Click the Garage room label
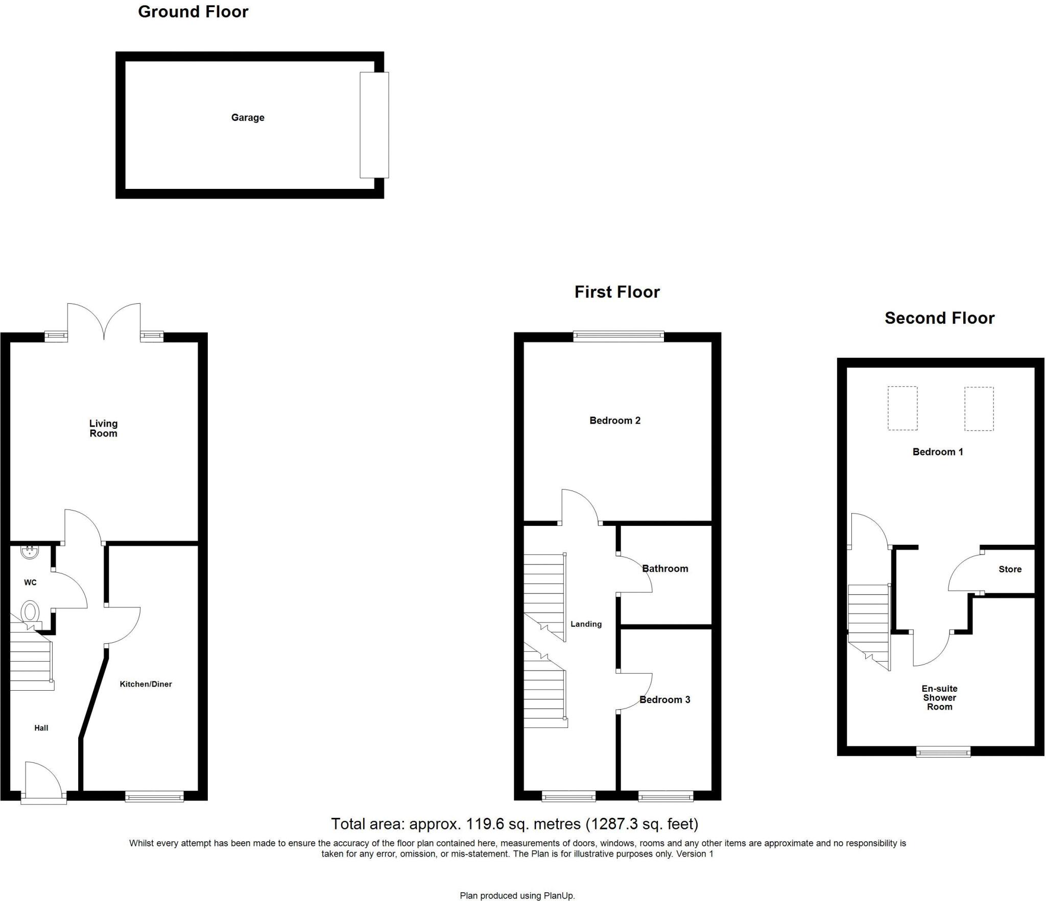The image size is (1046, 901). (248, 117)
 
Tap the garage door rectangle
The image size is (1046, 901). (374, 125)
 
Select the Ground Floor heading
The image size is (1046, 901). (193, 12)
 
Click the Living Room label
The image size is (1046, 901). (103, 428)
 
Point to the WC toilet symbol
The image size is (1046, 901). (30, 611)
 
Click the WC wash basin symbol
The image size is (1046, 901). (30, 551)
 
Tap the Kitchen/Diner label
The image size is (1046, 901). (146, 684)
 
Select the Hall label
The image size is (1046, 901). (41, 728)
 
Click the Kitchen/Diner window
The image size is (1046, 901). (154, 796)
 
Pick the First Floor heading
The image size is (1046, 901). (617, 292)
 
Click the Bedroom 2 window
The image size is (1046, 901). (619, 336)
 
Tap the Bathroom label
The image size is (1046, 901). (665, 569)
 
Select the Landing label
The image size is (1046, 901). (586, 624)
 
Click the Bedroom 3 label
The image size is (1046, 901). (664, 700)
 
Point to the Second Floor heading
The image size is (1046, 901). (939, 318)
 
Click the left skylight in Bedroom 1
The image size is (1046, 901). (902, 408)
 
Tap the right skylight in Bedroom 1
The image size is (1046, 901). (979, 408)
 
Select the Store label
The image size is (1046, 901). (1010, 569)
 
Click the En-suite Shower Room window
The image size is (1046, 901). (943, 751)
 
